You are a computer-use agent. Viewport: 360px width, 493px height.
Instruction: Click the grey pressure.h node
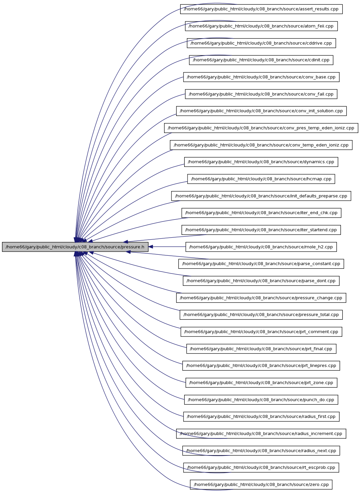pos(75,247)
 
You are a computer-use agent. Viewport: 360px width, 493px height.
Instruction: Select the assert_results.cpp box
pos(261,9)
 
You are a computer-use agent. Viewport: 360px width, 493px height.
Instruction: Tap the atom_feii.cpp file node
pos(261,26)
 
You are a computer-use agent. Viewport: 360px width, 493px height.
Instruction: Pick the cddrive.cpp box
pos(261,43)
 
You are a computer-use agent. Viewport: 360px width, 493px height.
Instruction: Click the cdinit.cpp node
pos(261,60)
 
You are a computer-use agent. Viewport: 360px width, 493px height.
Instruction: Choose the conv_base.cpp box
pos(261,77)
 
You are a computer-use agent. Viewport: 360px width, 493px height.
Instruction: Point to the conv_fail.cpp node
pos(261,94)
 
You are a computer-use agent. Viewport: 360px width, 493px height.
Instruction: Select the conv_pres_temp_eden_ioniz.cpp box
pos(261,128)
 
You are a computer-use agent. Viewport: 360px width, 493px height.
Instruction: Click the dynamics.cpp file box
pos(261,162)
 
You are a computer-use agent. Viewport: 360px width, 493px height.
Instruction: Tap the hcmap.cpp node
pos(261,179)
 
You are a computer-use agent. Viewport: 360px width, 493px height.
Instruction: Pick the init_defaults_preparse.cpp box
pos(261,196)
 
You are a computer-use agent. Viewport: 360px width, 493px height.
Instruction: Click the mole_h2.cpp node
pos(261,247)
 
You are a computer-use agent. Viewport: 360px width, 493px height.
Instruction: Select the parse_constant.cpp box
pos(261,264)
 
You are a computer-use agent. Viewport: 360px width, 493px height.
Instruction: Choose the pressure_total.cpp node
pos(261,315)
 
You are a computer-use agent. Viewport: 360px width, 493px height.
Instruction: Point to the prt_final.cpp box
pos(261,349)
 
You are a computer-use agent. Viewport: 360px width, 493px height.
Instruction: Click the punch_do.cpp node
pos(261,400)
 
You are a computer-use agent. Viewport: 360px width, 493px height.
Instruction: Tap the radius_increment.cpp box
pos(261,434)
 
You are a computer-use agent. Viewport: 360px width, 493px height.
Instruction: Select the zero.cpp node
pos(261,484)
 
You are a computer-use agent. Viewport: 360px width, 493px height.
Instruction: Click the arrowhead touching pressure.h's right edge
pos(151,247)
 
